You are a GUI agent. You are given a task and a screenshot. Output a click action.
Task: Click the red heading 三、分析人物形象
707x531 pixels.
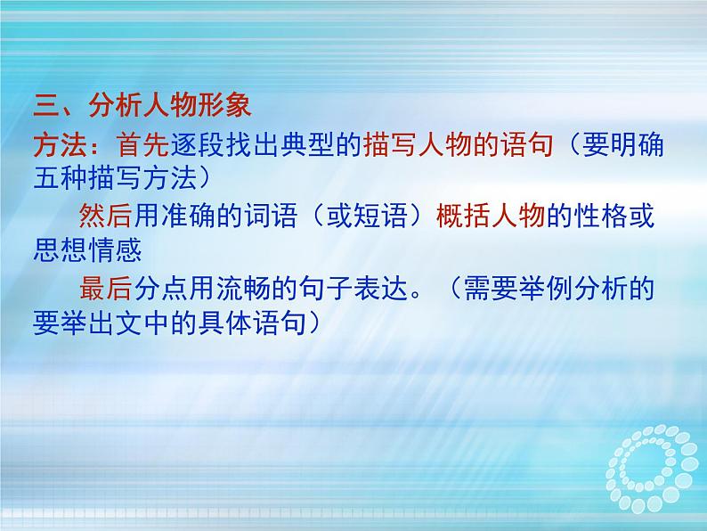pos(142,110)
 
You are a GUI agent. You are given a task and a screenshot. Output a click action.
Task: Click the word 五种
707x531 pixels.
pos(61,179)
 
